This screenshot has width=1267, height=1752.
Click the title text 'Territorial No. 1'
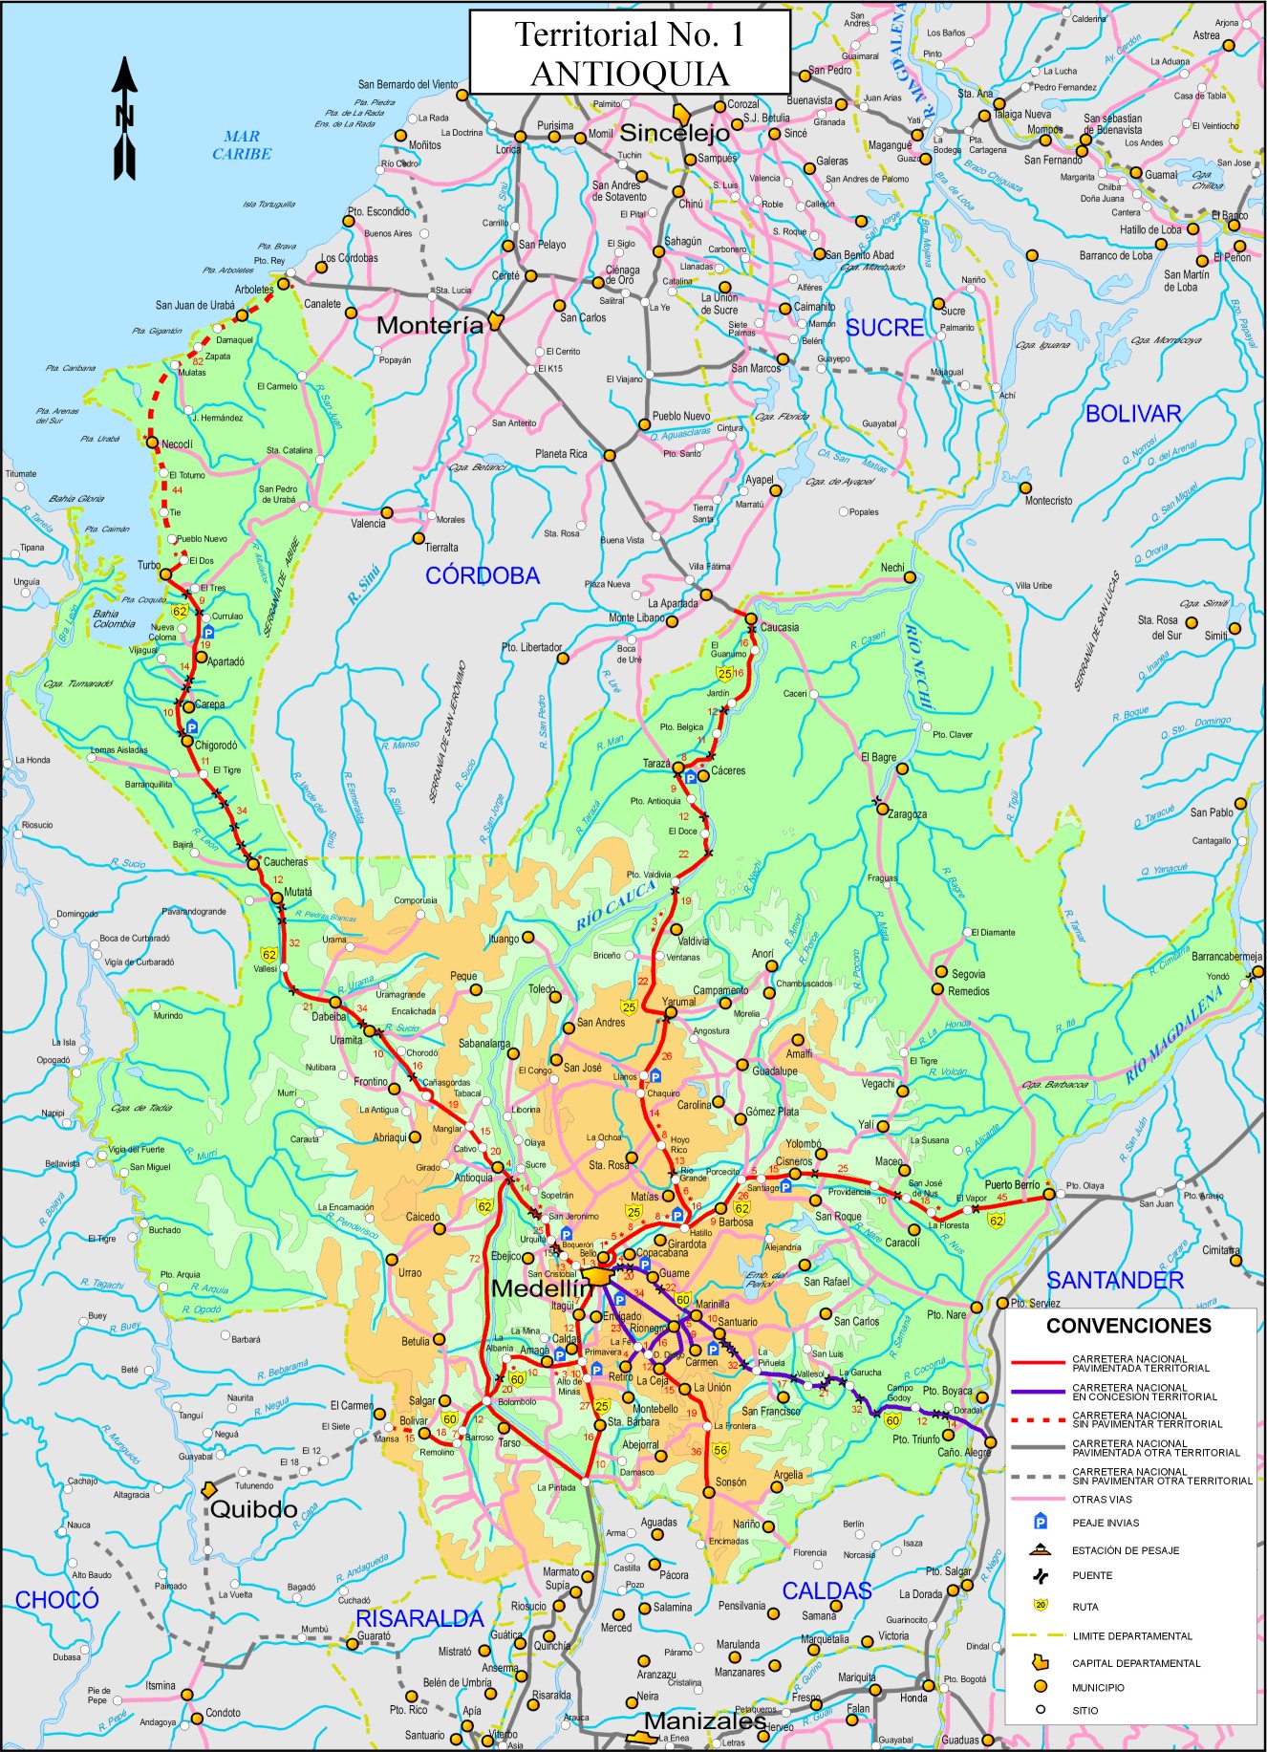[x=629, y=34]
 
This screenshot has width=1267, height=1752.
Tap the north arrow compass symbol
[x=124, y=119]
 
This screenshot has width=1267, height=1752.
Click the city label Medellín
[x=537, y=1288]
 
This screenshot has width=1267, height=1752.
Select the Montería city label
[x=430, y=325]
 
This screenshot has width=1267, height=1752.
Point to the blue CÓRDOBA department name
[x=483, y=575]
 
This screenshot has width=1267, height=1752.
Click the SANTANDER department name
[x=1115, y=1280]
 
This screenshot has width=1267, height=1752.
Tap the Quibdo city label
[x=253, y=1510]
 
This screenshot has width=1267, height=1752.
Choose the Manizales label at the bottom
[x=704, y=1720]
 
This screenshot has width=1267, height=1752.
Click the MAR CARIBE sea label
[x=242, y=144]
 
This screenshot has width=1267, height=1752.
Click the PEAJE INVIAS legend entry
[x=1106, y=1523]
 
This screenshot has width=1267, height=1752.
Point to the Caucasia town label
[x=780, y=627]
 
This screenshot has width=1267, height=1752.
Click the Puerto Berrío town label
[x=1012, y=1185]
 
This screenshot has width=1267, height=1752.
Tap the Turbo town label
[x=149, y=565]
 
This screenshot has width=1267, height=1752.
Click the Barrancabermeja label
[x=1226, y=956]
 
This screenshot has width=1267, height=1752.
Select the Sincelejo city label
[x=675, y=133]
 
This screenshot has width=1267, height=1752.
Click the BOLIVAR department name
[x=1133, y=414]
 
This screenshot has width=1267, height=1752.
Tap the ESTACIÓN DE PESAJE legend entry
[x=1125, y=1550]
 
